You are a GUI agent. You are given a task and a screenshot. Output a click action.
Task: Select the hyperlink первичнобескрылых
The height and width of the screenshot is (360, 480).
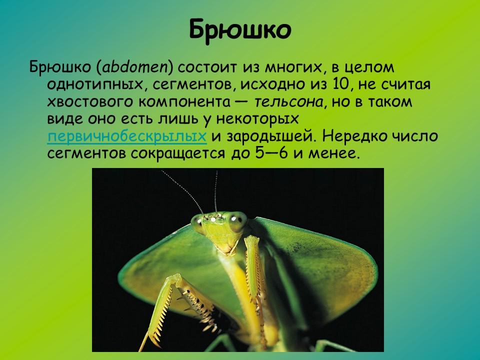pyautogui.click(x=127, y=136)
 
